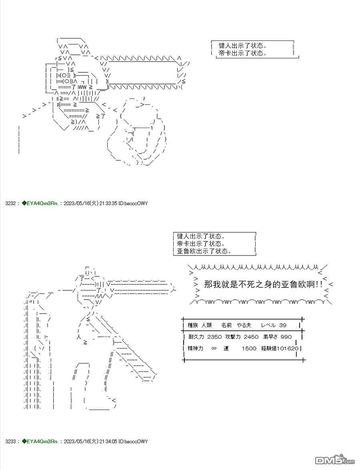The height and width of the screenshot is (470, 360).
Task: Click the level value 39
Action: point(282,325)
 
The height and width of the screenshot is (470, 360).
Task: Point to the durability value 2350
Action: point(214,337)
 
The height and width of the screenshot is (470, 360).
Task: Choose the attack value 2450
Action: point(251,337)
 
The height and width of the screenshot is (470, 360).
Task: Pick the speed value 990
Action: point(286,337)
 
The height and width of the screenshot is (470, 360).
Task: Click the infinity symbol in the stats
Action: point(214,348)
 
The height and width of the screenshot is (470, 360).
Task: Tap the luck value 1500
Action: point(249,348)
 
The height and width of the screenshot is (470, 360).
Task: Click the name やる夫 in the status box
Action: point(244,325)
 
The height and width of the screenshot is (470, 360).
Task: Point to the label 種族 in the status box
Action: point(193,325)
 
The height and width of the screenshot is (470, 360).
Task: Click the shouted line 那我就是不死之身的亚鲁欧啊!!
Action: point(264,284)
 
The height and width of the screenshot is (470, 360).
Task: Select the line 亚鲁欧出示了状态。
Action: point(204,251)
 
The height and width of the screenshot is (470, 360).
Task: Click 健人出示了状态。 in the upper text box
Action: point(242,46)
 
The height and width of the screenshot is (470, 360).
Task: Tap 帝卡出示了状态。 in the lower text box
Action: point(201,244)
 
